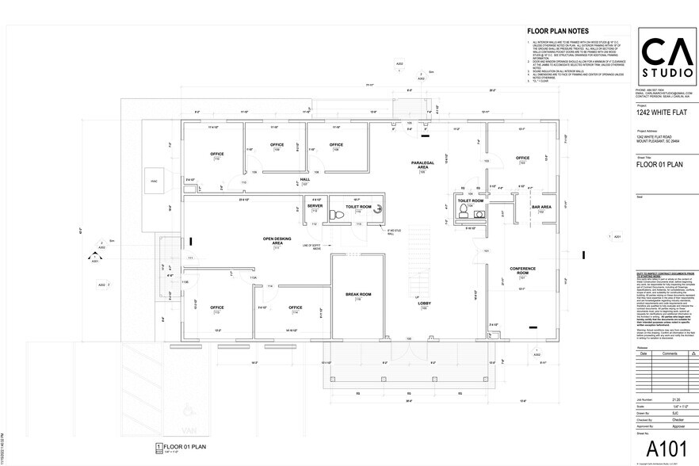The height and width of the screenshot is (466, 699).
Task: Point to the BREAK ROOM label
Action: tap(358, 295)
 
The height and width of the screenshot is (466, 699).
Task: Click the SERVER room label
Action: tap(315, 206)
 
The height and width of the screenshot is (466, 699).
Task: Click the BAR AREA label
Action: tap(541, 207)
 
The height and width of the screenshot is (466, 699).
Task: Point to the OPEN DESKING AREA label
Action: tap(277, 242)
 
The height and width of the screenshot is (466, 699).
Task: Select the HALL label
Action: tap(304, 180)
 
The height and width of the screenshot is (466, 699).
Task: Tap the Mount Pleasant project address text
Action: tap(657, 140)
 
